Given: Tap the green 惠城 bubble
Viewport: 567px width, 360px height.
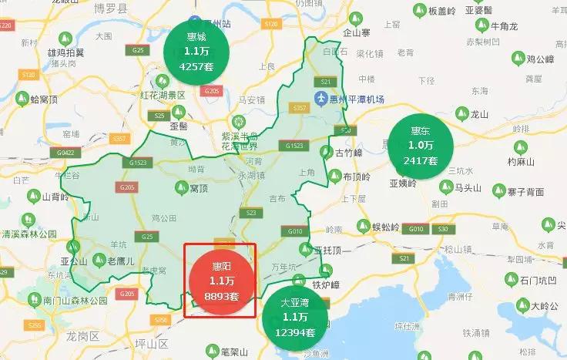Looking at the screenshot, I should click(x=196, y=52).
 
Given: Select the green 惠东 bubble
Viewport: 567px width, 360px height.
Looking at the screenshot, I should click(x=420, y=145).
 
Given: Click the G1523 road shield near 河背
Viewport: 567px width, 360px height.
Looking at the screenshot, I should click(x=294, y=146).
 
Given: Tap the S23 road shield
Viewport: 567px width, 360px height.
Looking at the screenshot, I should click(x=250, y=213).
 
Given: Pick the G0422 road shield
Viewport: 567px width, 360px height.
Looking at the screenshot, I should click(x=66, y=153).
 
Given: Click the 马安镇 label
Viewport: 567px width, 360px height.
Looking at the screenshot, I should click(x=252, y=99).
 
